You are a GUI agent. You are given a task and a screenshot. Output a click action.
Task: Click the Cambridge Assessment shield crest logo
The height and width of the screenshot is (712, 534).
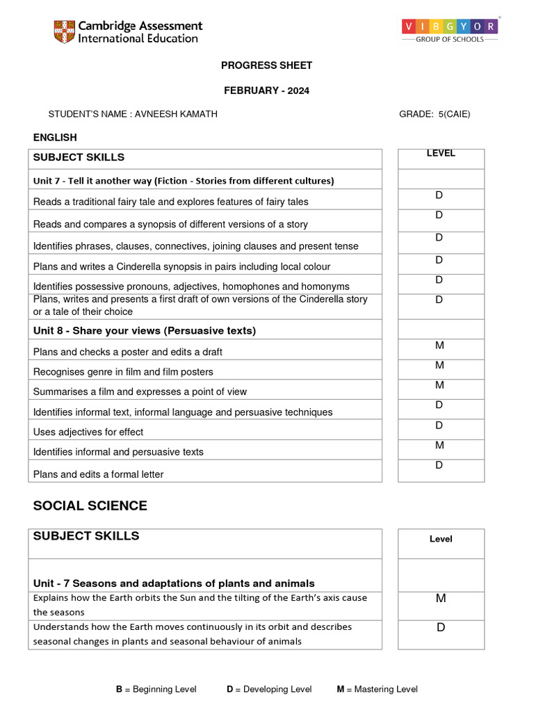65,31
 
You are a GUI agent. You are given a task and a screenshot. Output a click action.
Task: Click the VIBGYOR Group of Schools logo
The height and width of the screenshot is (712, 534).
449,31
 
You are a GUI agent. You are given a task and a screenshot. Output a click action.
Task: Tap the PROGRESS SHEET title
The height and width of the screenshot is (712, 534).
266,65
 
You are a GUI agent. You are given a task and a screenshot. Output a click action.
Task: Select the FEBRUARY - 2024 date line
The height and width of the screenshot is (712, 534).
266,90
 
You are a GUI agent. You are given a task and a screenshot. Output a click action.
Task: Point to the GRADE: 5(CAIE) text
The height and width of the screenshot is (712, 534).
434,114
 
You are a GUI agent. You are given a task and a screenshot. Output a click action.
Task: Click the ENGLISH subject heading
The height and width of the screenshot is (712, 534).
55,138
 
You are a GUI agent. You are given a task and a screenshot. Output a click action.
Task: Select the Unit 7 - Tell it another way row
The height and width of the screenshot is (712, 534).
184,181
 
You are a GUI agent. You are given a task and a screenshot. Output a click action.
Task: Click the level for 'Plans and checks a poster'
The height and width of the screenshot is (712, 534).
439,346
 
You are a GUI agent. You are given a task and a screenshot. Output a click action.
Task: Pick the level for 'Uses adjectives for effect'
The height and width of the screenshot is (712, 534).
439,426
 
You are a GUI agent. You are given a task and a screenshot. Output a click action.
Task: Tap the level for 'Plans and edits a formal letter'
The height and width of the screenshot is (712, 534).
439,465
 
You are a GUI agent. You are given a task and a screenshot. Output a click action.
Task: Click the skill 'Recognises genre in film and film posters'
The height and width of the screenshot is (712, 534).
123,372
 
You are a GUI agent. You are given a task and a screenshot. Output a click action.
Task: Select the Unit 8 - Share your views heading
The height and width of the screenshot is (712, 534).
145,331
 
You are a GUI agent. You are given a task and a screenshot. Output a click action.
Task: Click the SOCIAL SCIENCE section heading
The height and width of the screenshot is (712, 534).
90,505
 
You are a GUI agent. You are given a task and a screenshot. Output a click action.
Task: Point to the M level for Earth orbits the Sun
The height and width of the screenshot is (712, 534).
440,599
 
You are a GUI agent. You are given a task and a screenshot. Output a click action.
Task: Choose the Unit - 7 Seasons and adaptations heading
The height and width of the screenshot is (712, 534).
174,583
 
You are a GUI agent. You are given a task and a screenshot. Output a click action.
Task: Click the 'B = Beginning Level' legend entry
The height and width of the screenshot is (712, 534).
156,689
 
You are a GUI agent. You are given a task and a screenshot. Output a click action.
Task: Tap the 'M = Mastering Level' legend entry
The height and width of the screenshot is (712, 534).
377,689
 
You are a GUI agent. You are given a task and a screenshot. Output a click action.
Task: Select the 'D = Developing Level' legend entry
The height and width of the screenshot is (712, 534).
268,689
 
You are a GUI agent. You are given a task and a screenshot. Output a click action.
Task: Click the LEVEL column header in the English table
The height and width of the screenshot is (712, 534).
440,154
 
